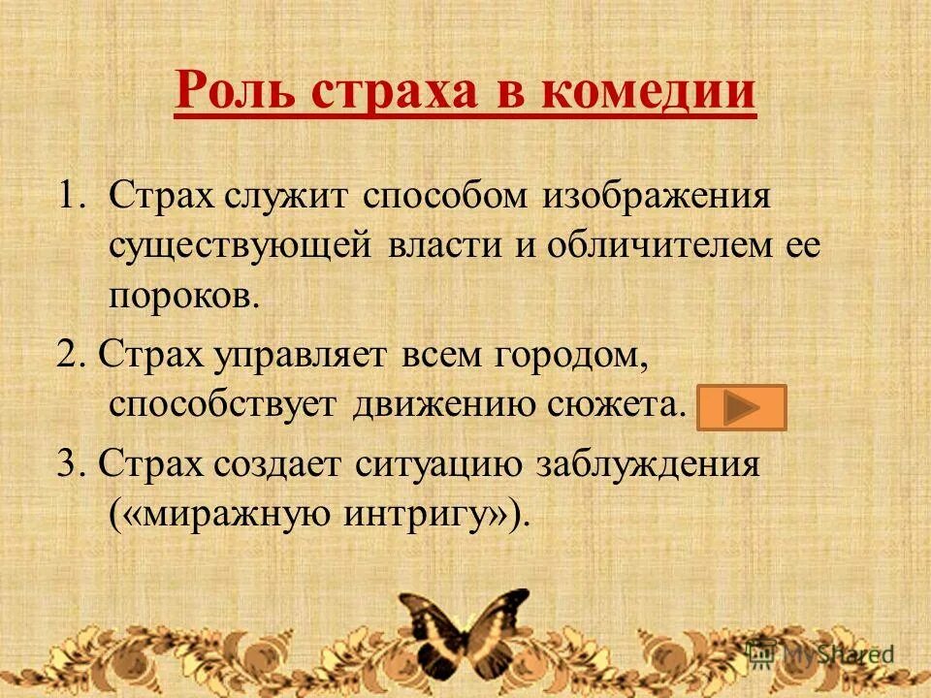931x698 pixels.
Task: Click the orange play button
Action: tap(742, 407)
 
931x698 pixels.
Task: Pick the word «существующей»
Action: tap(240, 245)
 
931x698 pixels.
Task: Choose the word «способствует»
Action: tap(222, 404)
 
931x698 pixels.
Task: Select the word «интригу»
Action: tap(412, 513)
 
